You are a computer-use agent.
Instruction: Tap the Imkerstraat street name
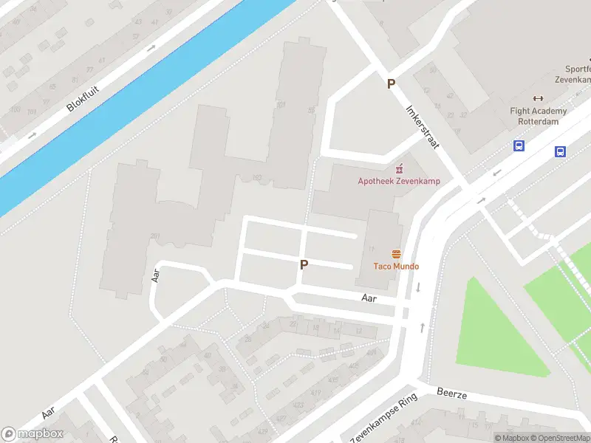point(423,126)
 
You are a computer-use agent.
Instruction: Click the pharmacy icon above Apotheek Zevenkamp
point(400,168)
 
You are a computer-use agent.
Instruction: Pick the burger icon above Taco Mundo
point(396,253)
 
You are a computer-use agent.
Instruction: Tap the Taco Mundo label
point(396,267)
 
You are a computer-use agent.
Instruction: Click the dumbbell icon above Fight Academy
point(538,98)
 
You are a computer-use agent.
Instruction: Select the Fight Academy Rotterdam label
point(539,117)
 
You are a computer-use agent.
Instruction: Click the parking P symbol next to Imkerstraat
point(391,84)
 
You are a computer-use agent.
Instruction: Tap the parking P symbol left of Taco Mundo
point(304,264)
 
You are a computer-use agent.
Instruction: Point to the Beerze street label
point(452,394)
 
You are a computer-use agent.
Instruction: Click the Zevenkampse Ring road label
point(383,418)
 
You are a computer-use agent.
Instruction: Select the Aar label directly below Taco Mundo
point(369,298)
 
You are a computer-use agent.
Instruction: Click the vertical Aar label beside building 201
point(156,275)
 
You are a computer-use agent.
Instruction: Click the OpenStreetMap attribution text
point(561,439)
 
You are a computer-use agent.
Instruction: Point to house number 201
point(155,236)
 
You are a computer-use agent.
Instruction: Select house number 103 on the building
point(257,177)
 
